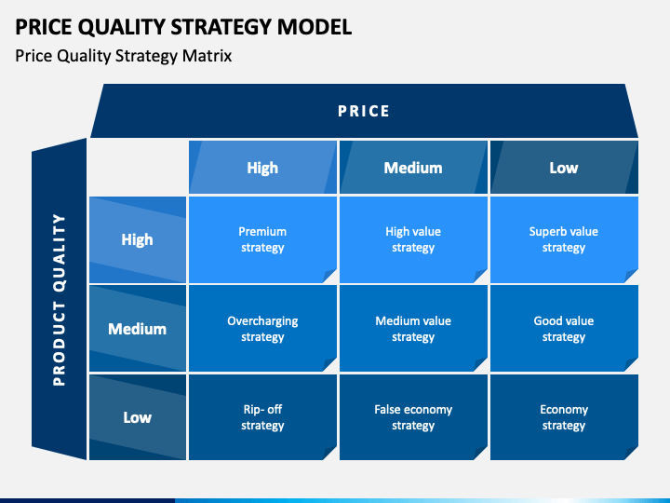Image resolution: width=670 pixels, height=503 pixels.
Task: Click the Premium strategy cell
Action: (x=262, y=239)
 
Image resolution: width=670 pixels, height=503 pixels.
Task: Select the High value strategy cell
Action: (x=413, y=239)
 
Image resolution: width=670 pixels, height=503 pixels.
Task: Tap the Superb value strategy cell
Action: (x=564, y=239)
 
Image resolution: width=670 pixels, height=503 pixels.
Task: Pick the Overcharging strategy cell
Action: (x=262, y=329)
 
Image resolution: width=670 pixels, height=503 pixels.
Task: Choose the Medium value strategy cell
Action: (x=413, y=329)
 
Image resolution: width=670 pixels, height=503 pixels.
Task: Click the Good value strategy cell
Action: (x=564, y=329)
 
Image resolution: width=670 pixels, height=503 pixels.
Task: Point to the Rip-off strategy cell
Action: (x=262, y=417)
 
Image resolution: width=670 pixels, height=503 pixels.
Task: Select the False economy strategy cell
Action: (x=413, y=417)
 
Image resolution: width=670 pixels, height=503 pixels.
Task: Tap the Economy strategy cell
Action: (x=564, y=417)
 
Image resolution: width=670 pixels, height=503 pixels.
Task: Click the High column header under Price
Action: (x=262, y=168)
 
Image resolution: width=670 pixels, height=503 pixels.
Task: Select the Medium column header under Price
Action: (x=413, y=168)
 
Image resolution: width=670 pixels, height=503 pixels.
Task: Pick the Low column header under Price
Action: (x=564, y=168)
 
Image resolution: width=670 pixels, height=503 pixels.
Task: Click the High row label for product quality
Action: (x=137, y=239)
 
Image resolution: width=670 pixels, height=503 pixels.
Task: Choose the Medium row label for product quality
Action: (x=137, y=329)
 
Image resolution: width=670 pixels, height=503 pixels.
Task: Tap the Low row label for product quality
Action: (x=137, y=417)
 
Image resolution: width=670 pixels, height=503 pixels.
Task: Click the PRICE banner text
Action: (x=364, y=111)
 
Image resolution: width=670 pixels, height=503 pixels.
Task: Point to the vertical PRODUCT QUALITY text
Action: (x=59, y=300)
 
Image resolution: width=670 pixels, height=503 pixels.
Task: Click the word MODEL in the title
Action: (x=315, y=26)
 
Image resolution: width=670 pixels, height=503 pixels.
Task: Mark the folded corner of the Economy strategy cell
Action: (x=632, y=454)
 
